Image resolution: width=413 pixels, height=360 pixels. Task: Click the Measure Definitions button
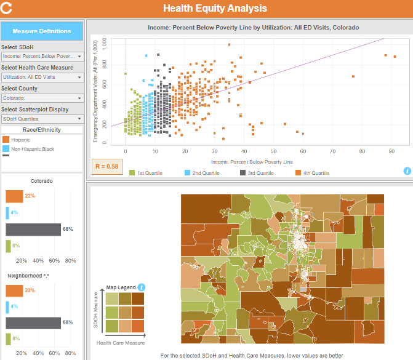42,31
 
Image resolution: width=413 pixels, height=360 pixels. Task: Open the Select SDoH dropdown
42,56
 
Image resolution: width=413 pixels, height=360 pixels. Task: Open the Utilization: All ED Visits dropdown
42,77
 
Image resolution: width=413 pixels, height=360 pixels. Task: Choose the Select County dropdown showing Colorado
42,98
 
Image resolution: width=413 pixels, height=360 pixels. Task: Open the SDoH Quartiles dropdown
42,119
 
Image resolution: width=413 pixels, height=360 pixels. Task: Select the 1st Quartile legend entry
146,173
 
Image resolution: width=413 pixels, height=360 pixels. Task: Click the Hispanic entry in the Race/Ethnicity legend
21,140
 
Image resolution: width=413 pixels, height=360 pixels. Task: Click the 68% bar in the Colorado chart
33,230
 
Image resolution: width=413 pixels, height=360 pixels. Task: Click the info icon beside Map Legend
141,287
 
